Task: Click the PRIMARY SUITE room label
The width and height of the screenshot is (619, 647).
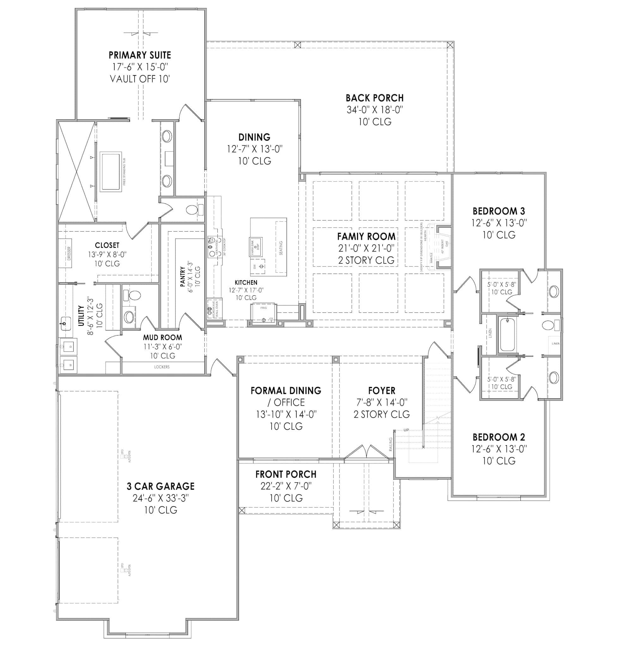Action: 140,55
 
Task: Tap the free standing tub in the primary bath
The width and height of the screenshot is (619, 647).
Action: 111,171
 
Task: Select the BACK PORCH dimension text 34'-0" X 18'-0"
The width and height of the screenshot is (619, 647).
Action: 375,110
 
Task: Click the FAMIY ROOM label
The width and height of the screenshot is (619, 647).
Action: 366,236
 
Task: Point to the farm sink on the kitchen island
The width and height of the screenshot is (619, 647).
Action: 255,246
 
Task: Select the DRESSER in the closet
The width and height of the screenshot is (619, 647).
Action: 69,253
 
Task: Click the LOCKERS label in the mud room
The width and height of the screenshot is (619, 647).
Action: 162,367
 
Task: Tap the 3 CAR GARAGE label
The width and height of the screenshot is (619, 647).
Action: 161,486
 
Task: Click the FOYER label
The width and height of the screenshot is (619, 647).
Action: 382,391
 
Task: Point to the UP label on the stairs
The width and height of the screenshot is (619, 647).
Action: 406,430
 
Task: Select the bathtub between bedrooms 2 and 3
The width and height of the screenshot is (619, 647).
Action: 507,335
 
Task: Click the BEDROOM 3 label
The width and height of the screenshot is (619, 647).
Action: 499,211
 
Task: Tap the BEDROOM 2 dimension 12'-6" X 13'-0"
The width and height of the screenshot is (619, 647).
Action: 499,449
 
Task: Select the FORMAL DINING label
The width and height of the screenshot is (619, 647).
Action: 286,391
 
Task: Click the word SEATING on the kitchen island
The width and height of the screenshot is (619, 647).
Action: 281,248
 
